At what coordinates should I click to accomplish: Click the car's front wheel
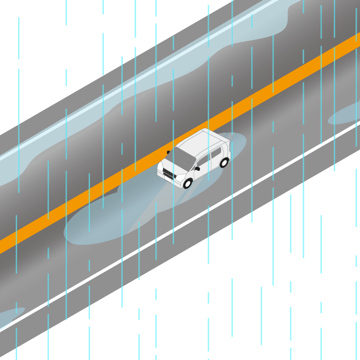(x=188, y=183)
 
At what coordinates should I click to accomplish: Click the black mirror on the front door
(x=197, y=169)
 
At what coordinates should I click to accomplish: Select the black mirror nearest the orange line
(x=168, y=152)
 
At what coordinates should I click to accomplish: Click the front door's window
(x=203, y=161)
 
